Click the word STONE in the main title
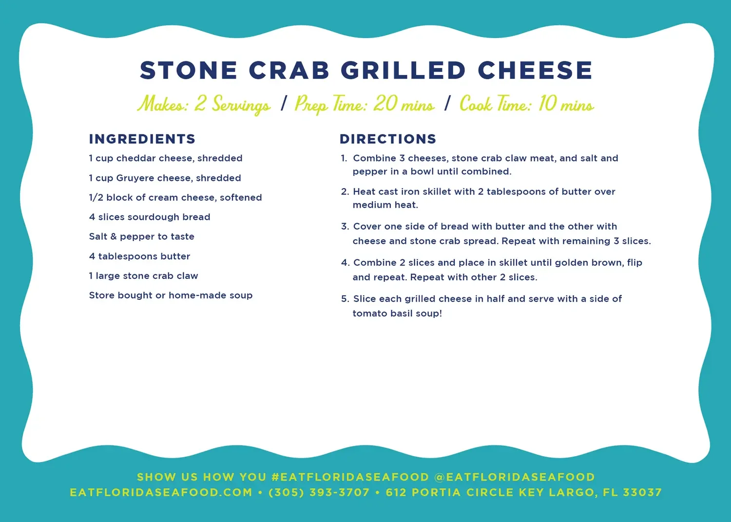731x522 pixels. point(189,71)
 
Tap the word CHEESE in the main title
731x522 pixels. point(535,71)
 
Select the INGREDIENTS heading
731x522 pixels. point(142,139)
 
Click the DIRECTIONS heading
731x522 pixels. point(388,139)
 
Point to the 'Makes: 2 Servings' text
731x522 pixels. point(204,104)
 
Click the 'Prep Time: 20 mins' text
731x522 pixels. point(365,104)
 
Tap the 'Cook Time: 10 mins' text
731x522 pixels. point(527,104)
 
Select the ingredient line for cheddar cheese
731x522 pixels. point(166,158)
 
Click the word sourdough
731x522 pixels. point(146,217)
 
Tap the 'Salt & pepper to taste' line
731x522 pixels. point(142,236)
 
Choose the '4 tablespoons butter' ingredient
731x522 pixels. point(139,256)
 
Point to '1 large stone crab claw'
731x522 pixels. point(143,276)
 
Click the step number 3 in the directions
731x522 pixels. point(345,227)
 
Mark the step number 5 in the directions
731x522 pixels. point(345,299)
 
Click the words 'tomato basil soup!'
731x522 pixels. point(397,313)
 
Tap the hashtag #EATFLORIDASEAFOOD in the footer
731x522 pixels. point(350,477)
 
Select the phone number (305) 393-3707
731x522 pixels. point(319,493)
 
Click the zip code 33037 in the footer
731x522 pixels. point(642,493)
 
